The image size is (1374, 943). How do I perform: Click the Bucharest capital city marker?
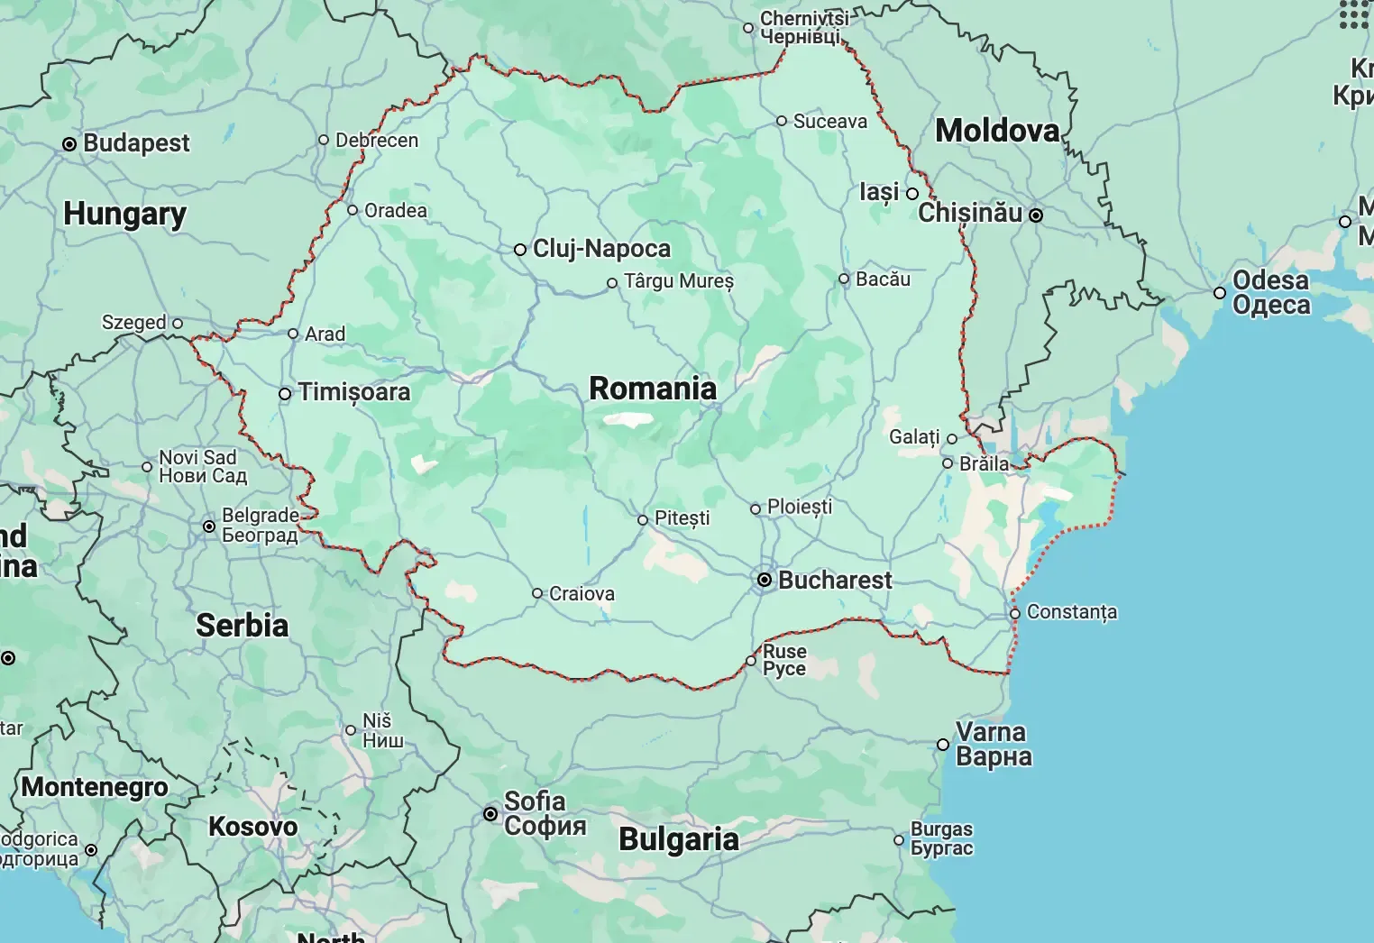[765, 580]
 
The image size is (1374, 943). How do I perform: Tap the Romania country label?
[653, 389]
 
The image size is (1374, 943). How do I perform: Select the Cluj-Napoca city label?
[601, 249]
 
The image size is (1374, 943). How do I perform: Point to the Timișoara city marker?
[285, 394]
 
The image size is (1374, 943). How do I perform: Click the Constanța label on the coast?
[1071, 612]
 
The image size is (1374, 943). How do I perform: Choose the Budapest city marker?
[69, 144]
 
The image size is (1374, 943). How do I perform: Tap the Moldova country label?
[997, 131]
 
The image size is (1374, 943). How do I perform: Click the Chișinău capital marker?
[1036, 215]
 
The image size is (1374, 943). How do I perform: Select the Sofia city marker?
[490, 814]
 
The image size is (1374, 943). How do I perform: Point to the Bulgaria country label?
[678, 839]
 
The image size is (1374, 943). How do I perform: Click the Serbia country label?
[242, 626]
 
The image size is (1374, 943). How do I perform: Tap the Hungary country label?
[124, 215]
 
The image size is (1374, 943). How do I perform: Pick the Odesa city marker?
[1220, 293]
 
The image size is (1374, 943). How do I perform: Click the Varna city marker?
[943, 745]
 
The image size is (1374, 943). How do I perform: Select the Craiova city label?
[582, 594]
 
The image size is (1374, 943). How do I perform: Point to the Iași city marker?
[912, 194]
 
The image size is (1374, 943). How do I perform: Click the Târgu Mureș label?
[679, 281]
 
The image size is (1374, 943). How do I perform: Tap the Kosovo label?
[252, 827]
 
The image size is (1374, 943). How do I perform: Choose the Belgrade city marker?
[209, 526]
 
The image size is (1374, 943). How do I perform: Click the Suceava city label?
[829, 122]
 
